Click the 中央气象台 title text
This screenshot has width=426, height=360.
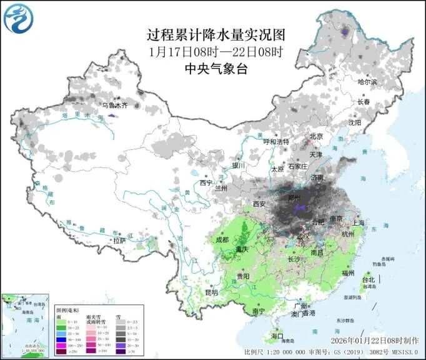[215, 69]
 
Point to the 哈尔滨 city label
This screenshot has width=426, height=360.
[367, 82]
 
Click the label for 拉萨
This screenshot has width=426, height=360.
[119, 240]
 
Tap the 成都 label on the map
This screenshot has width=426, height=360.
[222, 239]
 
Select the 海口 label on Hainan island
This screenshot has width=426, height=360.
[277, 336]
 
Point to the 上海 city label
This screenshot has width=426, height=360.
[357, 222]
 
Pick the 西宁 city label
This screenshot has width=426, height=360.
[206, 183]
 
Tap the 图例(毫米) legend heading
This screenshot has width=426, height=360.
[68, 310]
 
